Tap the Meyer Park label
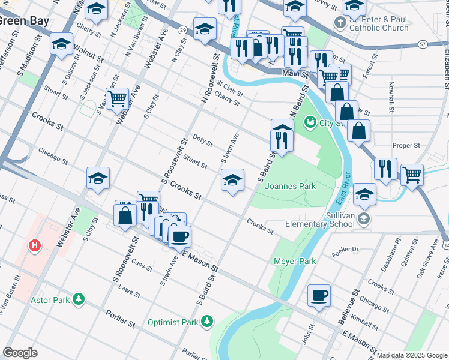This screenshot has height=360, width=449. point(295,261)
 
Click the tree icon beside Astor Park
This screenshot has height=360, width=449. point(78,298)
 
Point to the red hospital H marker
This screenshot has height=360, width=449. point(35,246)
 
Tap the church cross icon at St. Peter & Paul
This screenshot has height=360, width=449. point(340,23)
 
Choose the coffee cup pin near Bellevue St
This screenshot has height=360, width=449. point(319,295)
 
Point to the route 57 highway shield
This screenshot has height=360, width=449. point(423,44)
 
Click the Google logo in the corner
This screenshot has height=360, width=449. point(20,353)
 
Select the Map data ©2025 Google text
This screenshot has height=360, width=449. point(412,355)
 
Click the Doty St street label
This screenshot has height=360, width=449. point(202,141)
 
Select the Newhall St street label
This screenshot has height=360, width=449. point(392,97)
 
